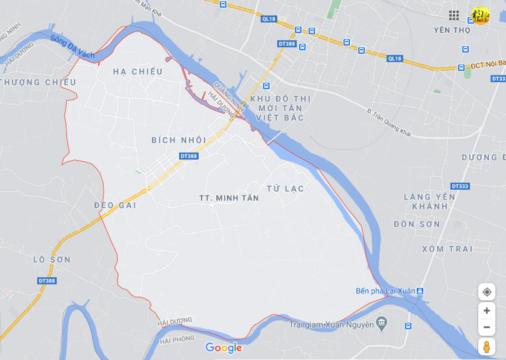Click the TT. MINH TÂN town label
229,197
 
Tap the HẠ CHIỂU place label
137,72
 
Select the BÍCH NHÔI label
179,140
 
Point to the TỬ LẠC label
285,188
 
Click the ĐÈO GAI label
115,205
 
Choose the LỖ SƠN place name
52,259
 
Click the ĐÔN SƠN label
417,224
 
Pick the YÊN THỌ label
452,30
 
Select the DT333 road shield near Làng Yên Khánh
460,186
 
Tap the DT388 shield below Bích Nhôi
189,156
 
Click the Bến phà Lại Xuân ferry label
385,291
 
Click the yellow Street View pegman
487,346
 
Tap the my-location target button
487,292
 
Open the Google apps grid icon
454,15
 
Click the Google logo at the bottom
224,348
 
